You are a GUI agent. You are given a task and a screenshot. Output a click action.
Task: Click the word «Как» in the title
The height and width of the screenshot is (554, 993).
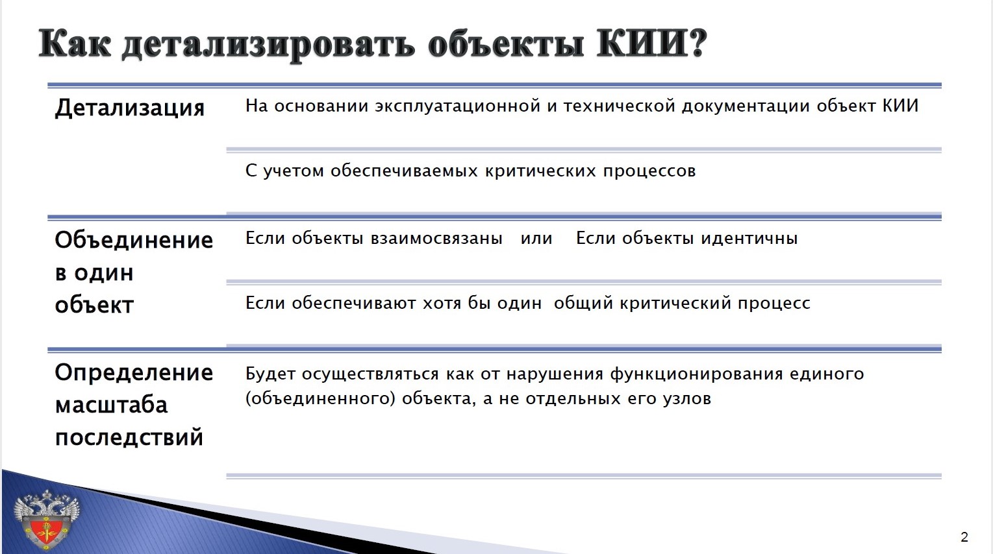tap(75, 44)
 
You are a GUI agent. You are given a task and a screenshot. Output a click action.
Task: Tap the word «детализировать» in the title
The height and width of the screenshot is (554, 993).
tap(268, 45)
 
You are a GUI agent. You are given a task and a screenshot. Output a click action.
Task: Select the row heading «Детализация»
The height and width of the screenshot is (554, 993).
tap(130, 108)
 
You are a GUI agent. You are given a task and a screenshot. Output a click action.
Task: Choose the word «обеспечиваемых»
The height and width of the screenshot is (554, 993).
tap(405, 171)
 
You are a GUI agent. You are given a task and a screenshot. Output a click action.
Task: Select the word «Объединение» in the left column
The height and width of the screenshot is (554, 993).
tap(134, 240)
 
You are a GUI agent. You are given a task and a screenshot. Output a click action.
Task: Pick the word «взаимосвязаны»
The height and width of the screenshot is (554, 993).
tap(436, 239)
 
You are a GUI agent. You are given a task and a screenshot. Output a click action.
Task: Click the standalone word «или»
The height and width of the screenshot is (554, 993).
tap(536, 239)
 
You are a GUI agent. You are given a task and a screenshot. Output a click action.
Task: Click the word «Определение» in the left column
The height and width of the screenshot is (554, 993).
tap(134, 372)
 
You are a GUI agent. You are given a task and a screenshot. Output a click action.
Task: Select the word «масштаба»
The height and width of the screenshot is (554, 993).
tap(112, 405)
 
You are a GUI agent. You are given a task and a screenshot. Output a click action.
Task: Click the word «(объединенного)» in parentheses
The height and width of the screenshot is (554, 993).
tap(320, 398)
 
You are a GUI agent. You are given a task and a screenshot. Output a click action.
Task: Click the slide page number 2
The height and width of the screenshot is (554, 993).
tap(964, 537)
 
